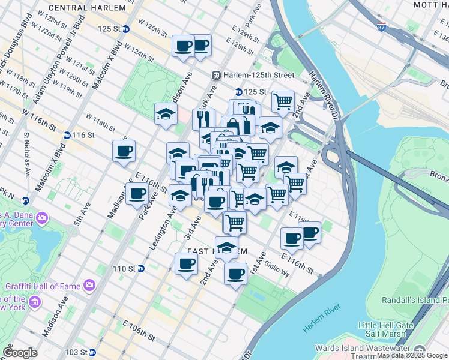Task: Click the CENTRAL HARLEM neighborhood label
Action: click(x=88, y=8)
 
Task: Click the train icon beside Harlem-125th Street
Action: click(x=217, y=75)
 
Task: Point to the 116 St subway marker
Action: click(x=67, y=135)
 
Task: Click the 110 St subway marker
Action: click(x=140, y=268)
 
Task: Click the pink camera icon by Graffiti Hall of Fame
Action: click(x=89, y=285)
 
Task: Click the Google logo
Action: click(x=20, y=353)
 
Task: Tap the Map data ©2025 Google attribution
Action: click(x=412, y=355)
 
